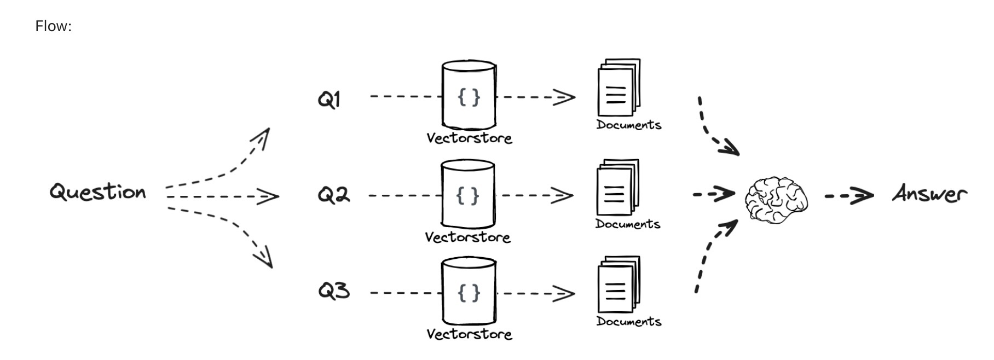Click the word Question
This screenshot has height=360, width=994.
click(x=98, y=192)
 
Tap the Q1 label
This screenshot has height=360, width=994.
click(x=329, y=100)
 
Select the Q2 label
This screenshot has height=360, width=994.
click(x=333, y=195)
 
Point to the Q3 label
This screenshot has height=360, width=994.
click(x=333, y=290)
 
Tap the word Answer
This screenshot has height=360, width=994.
click(x=929, y=194)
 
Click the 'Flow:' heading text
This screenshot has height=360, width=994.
click(x=54, y=26)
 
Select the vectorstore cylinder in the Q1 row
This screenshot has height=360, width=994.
click(x=469, y=96)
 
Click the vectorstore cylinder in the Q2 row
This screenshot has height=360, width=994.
click(x=468, y=194)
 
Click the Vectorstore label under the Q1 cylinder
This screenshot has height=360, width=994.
click(x=469, y=138)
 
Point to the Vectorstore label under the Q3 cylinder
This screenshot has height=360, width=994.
click(x=469, y=334)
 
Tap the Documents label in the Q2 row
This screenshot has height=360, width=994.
click(x=628, y=224)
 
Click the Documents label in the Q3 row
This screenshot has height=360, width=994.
click(x=629, y=321)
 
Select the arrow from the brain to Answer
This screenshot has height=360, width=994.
click(x=848, y=195)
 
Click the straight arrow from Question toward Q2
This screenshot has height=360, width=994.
click(x=222, y=196)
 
